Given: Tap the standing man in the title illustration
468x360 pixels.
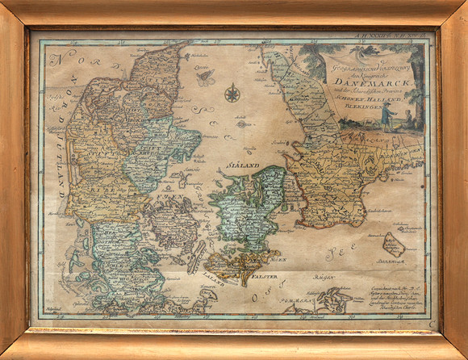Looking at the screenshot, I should click(386, 116).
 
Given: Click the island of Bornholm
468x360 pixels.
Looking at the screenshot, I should click(395, 244).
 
